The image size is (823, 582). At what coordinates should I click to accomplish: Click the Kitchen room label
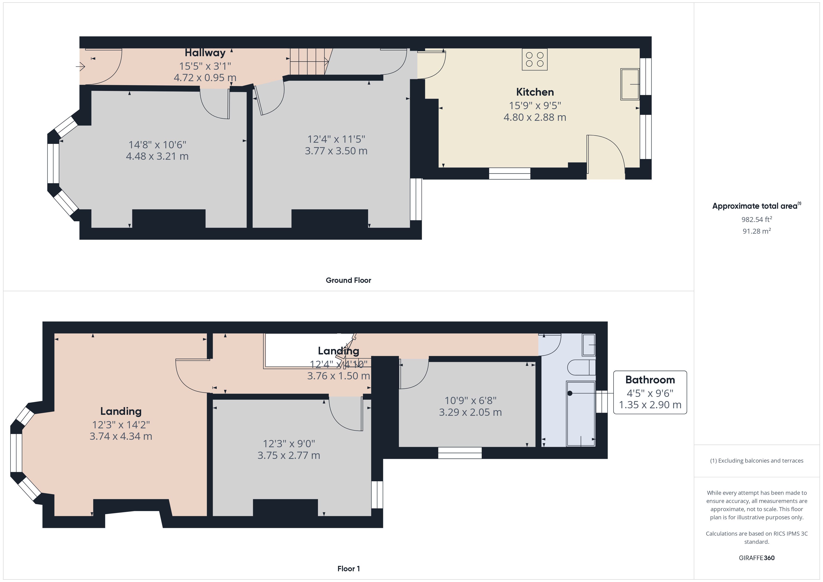[535, 92]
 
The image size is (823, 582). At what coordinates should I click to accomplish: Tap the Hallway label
[205, 53]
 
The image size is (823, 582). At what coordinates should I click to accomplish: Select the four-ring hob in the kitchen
[534, 59]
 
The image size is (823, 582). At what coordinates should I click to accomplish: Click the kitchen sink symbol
[630, 84]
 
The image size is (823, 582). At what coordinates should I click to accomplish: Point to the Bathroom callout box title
[650, 380]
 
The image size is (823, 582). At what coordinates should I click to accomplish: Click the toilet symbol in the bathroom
[581, 367]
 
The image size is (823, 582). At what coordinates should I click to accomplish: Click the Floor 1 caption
[349, 569]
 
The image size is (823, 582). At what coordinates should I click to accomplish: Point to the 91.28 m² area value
[757, 231]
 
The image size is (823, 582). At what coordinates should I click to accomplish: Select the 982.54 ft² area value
[757, 219]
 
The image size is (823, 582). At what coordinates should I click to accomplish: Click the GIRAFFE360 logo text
[757, 558]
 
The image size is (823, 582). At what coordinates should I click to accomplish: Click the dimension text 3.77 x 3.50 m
[336, 151]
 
